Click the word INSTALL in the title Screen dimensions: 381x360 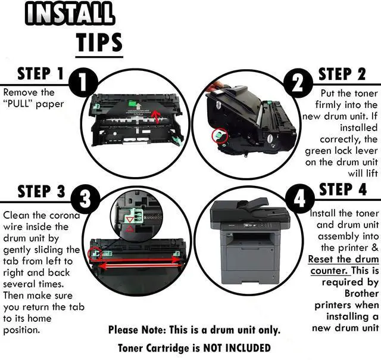[x=70, y=14]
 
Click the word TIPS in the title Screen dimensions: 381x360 [x=99, y=42]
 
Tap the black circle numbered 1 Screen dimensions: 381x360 [x=83, y=83]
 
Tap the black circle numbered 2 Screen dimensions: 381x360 [x=298, y=83]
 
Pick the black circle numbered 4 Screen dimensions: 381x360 [x=299, y=198]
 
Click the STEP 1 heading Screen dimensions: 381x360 [x=40, y=74]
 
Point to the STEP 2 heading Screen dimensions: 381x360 [x=342, y=74]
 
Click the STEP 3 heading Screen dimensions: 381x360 [x=42, y=191]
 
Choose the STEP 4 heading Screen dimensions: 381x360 [x=343, y=190]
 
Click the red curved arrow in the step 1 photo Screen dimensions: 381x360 [x=156, y=116]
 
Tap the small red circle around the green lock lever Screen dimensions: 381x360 [x=220, y=135]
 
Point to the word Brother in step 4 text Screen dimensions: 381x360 [x=361, y=293]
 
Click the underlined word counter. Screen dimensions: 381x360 [x=329, y=271]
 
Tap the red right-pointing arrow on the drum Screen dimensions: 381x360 [x=139, y=260]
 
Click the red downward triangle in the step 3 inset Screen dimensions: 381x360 [x=130, y=220]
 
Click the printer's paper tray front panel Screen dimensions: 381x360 [x=250, y=259]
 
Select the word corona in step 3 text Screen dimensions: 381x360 [x=65, y=216]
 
